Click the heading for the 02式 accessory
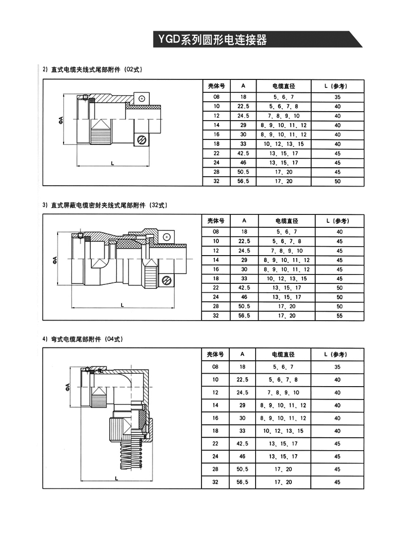coord(92,69)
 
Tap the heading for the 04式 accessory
coord(82,339)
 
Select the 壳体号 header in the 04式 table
coord(216,354)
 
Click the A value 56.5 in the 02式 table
coord(243,181)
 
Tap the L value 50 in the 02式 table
coord(337,181)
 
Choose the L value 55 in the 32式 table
coord(339,316)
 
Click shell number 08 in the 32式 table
coord(216,232)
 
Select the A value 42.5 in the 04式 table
coord(243,444)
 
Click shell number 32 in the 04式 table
coord(216,482)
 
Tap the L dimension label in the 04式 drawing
coord(115,478)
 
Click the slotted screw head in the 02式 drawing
coord(142,140)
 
